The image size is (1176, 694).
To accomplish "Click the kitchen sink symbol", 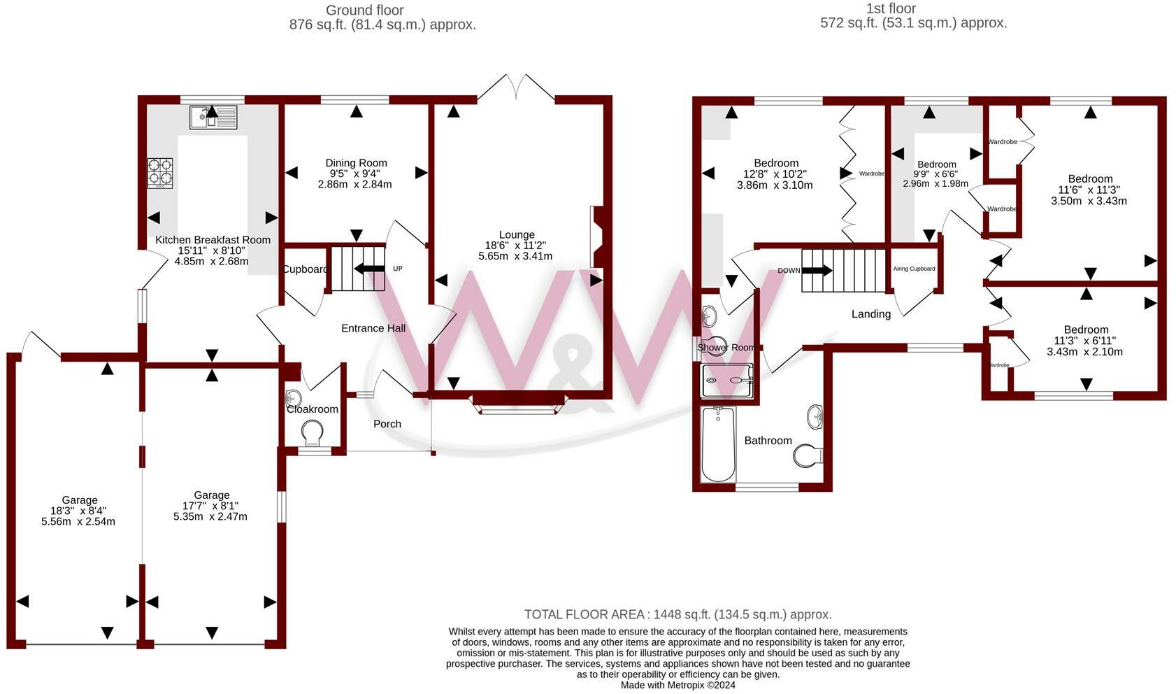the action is (x=213, y=117).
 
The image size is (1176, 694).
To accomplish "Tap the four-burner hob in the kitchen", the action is (x=159, y=173).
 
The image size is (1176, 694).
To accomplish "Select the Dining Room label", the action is (x=356, y=163).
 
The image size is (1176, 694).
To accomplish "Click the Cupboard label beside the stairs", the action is (x=306, y=269).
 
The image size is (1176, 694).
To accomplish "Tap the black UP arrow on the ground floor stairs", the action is (x=370, y=269).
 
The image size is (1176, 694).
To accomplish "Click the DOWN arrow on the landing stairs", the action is (x=817, y=271).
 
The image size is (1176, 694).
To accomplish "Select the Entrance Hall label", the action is (x=373, y=328).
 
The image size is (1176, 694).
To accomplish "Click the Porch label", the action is (x=387, y=424).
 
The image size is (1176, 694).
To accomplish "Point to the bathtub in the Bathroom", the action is (x=719, y=444).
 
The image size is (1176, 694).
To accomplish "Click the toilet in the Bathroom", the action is (x=808, y=456).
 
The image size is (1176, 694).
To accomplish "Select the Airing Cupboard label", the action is (x=914, y=269).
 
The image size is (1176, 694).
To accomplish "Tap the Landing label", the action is (x=871, y=314).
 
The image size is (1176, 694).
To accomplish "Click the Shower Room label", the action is (x=726, y=347).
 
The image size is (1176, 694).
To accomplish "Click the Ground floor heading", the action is (x=365, y=10).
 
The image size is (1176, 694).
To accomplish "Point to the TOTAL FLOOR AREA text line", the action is (x=677, y=614).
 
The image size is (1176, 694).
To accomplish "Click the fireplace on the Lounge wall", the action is (x=599, y=237).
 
